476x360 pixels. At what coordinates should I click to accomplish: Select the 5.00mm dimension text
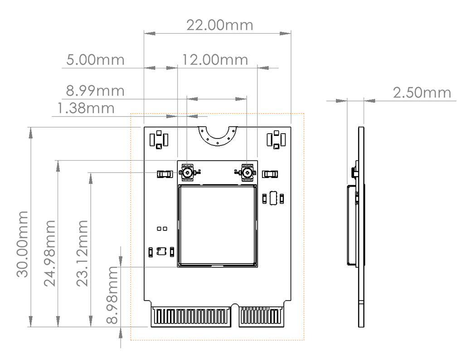point(95,60)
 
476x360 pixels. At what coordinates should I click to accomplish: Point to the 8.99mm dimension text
point(95,91)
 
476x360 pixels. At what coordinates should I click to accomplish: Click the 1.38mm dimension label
point(86,108)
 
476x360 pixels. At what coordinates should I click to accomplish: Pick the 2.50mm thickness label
point(422,93)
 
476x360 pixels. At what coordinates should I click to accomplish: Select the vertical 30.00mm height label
point(23,243)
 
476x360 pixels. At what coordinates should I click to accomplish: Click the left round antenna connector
point(187,172)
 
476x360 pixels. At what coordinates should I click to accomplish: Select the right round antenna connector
point(247,172)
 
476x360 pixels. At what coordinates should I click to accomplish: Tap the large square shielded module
point(217,226)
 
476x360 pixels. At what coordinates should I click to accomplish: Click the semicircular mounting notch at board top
point(217,135)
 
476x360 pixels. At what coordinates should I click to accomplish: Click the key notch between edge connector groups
point(234,312)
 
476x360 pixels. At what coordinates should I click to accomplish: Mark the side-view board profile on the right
point(361,226)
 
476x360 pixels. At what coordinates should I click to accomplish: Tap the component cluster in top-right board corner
point(276,139)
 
